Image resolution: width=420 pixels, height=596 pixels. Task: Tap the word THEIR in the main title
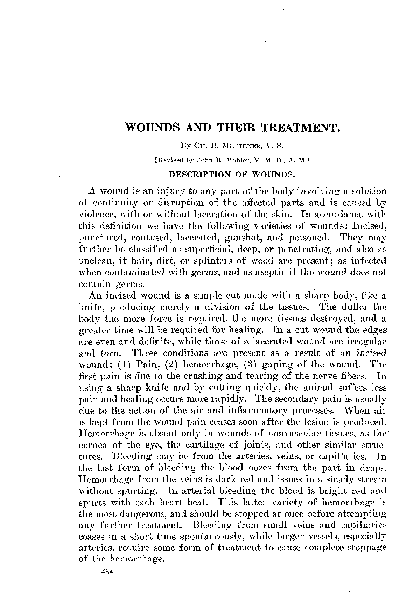point(239,127)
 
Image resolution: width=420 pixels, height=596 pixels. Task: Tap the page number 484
point(106,573)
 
